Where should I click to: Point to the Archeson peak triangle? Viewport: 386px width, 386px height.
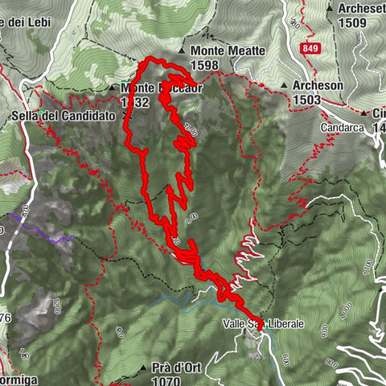pos(285,84)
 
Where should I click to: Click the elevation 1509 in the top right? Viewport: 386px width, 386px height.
pos(352,23)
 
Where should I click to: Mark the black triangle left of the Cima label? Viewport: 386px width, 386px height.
pos(363,113)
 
